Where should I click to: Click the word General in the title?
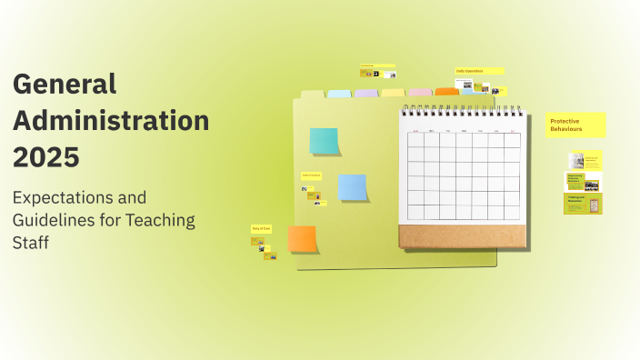click(65, 85)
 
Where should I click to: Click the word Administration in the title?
click(111, 120)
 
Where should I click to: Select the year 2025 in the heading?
click(46, 155)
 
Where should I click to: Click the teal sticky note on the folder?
click(324, 141)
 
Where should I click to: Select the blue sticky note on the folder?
click(352, 186)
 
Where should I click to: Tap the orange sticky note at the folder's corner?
click(302, 239)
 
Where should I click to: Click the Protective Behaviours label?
click(575, 125)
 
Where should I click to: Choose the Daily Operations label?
click(479, 70)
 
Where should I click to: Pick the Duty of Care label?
click(262, 229)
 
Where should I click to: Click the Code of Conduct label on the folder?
click(311, 175)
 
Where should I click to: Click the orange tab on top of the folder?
click(446, 92)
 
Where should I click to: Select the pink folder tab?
click(420, 92)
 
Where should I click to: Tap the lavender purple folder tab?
click(366, 93)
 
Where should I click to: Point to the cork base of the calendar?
click(462, 235)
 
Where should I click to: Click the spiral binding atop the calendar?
click(463, 110)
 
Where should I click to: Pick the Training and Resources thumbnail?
click(583, 204)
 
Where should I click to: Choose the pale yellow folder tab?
click(393, 93)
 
